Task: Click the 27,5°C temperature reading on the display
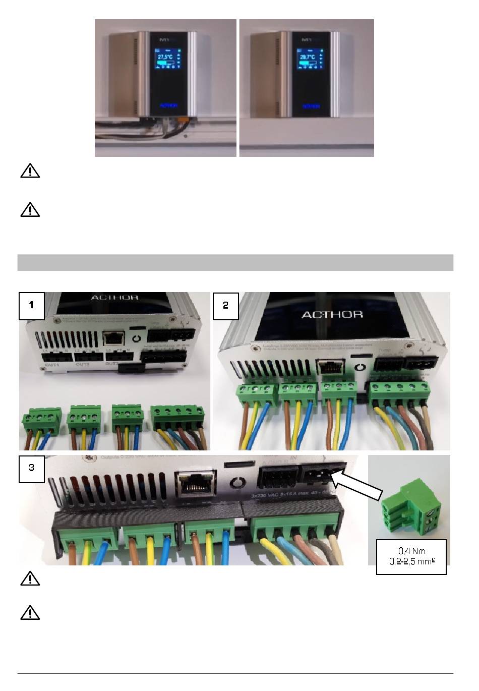pyautogui.click(x=165, y=57)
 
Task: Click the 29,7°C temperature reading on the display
pyautogui.click(x=307, y=57)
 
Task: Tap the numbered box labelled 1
pyautogui.click(x=32, y=305)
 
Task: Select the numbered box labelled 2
pyautogui.click(x=225, y=305)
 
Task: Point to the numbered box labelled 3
pyautogui.click(x=32, y=468)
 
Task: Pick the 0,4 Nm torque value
pyautogui.click(x=411, y=551)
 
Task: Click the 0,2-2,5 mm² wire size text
pyautogui.click(x=411, y=561)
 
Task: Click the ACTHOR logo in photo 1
pyautogui.click(x=114, y=298)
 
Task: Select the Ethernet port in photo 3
pyautogui.click(x=195, y=483)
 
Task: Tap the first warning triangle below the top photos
pyautogui.click(x=30, y=171)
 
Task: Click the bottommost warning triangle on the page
pyautogui.click(x=30, y=613)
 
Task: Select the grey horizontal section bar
pyautogui.click(x=235, y=263)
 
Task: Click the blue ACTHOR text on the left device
pyautogui.click(x=168, y=106)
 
